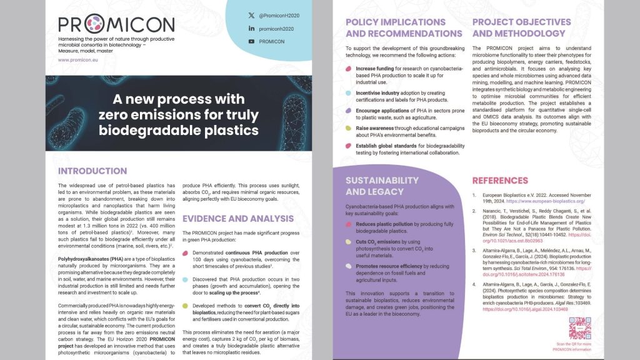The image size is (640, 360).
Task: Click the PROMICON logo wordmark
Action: click(x=116, y=24)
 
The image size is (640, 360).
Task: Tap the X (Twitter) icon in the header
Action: click(x=251, y=15)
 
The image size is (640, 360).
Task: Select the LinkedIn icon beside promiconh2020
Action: click(x=251, y=29)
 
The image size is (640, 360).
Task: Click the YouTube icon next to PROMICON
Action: click(x=251, y=42)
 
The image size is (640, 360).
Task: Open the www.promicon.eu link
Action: click(x=77, y=60)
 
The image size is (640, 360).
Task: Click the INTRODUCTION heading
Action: click(x=92, y=171)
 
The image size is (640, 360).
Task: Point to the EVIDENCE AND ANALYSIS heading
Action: click(x=237, y=219)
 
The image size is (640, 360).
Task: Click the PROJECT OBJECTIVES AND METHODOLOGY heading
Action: click(x=521, y=27)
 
